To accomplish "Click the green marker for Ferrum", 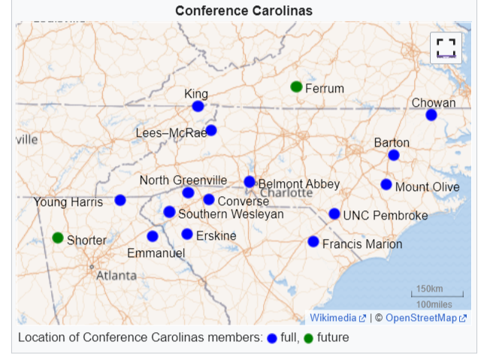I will [296, 86].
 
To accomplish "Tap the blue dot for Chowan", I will [431, 115].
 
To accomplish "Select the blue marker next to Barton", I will [394, 155].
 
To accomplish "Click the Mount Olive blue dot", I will [386, 184].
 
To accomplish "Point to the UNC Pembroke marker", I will [334, 214].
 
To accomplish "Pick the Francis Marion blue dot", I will [313, 241].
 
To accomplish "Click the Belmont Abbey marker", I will [250, 182].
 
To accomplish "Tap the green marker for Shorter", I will [58, 237].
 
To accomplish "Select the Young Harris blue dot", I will [120, 200].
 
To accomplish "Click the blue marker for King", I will [198, 107].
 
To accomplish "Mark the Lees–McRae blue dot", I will [211, 130].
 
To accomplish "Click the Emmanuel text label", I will [156, 253].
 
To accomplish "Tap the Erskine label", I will [216, 236].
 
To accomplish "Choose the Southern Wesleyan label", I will [231, 214].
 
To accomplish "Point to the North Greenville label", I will [183, 180].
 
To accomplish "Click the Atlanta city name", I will [116, 275].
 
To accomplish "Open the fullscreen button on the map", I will [446, 48].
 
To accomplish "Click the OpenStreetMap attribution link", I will [422, 318].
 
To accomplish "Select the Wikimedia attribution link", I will [333, 318].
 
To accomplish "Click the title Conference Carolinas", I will [244, 11].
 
